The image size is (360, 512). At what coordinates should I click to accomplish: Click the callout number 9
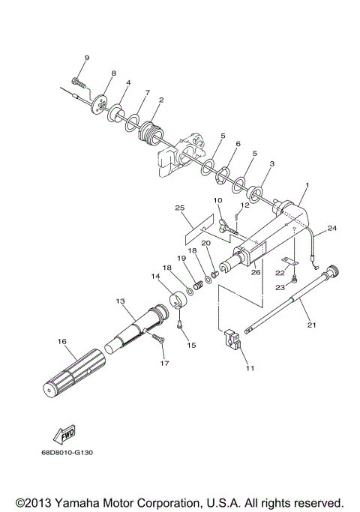86,58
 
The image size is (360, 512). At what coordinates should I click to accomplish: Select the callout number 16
62,341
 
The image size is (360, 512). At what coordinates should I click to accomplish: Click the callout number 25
179,207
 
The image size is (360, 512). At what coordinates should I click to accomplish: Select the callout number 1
307,184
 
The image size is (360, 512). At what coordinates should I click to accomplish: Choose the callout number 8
114,73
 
